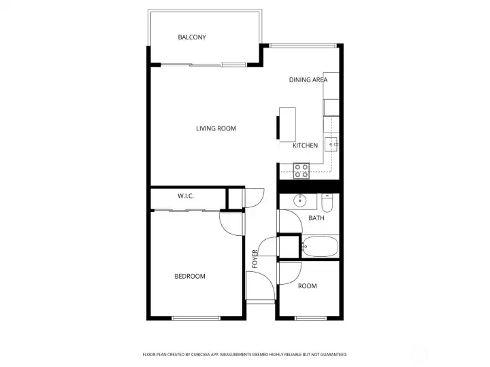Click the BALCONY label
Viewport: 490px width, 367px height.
click(x=191, y=37)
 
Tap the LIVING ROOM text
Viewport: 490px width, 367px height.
click(x=216, y=128)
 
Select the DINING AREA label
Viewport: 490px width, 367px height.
click(x=308, y=80)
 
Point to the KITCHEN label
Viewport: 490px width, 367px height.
click(x=305, y=146)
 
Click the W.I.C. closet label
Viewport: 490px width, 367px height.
click(x=186, y=196)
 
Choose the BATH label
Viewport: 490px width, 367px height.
click(x=316, y=218)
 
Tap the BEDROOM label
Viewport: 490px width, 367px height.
click(x=189, y=276)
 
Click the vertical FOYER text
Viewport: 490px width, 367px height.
click(x=255, y=259)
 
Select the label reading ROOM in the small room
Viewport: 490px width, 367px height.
click(x=307, y=286)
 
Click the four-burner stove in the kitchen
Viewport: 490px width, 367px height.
click(x=301, y=170)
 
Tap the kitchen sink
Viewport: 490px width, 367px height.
click(x=332, y=144)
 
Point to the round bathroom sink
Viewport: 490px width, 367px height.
click(x=299, y=201)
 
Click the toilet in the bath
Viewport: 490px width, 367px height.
click(x=327, y=203)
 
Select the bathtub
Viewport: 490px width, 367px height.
click(x=320, y=245)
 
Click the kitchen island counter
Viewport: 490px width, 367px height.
click(x=288, y=124)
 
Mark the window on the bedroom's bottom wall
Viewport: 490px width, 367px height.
click(x=195, y=317)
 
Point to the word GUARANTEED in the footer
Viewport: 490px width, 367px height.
click(x=331, y=354)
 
